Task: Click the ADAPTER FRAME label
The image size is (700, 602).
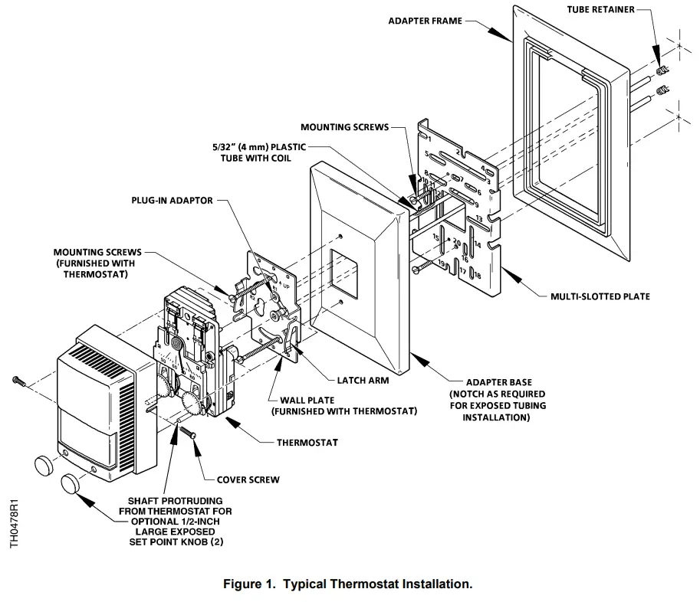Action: click(x=425, y=21)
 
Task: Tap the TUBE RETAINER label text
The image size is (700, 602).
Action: click(x=600, y=9)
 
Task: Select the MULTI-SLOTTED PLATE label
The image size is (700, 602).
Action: click(x=600, y=296)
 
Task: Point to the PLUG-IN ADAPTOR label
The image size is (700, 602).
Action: click(x=173, y=201)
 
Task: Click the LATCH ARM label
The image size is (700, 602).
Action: click(x=363, y=380)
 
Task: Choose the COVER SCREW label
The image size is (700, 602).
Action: click(x=248, y=479)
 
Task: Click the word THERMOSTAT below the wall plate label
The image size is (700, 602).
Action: click(x=307, y=443)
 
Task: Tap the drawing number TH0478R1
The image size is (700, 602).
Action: click(x=13, y=524)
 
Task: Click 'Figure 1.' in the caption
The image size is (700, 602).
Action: click(x=250, y=584)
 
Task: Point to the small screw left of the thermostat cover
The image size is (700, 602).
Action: click(x=18, y=380)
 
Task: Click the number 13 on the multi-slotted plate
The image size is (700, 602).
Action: click(x=478, y=218)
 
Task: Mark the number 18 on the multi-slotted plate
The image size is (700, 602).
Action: click(x=477, y=275)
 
